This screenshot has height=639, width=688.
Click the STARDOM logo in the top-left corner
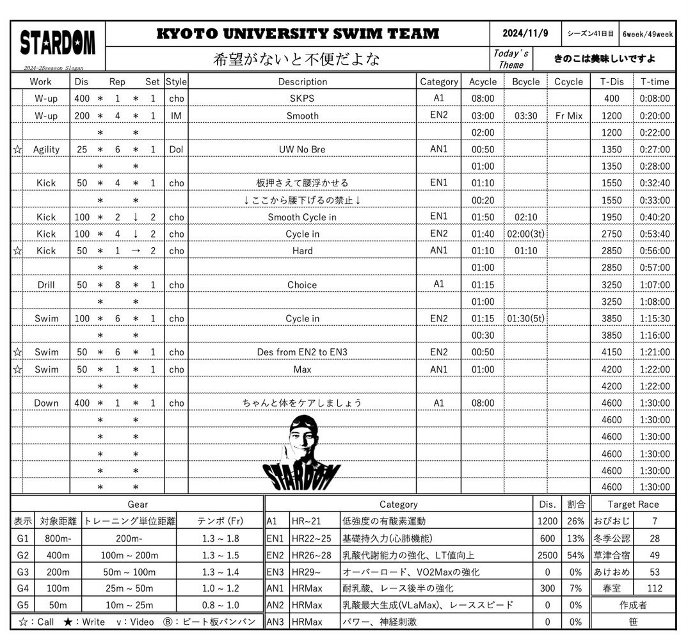point(57,44)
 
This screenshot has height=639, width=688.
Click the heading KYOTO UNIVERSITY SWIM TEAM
point(298,34)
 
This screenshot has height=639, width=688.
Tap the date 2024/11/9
point(525,34)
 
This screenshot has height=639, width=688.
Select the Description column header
point(302,82)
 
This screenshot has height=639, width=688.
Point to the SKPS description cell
point(302,99)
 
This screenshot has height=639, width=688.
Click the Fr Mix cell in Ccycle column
point(568,116)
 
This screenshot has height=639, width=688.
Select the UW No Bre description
point(302,149)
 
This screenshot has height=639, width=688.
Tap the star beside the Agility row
point(17,149)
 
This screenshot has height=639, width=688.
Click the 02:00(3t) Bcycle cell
point(525,234)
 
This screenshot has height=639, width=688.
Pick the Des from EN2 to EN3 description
point(302,352)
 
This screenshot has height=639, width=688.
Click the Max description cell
point(302,369)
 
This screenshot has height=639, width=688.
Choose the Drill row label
point(46,285)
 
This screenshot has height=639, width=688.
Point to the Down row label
point(46,403)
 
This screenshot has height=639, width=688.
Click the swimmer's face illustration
point(303,442)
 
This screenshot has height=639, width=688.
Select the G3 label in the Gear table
point(22,572)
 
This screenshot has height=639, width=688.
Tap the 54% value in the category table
point(575,555)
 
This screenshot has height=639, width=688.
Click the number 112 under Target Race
point(654,588)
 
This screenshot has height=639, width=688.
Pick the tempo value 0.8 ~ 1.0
point(220,605)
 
